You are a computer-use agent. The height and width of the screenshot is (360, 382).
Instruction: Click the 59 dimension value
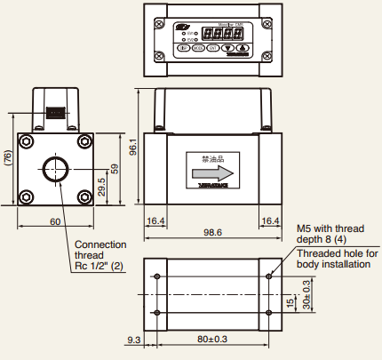[x=114, y=168]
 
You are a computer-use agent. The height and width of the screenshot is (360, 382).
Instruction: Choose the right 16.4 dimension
[x=270, y=220]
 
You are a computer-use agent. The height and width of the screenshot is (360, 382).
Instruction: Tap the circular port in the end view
[x=55, y=168]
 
